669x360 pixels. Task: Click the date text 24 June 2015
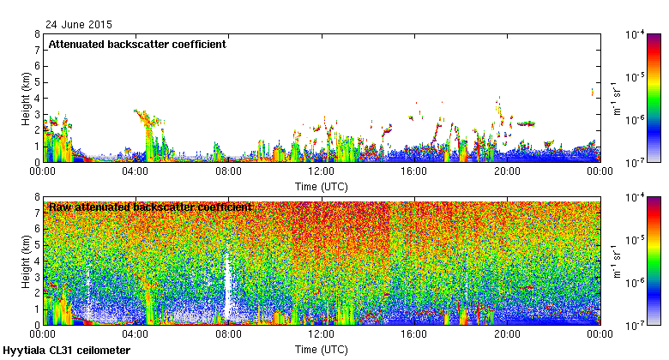78,25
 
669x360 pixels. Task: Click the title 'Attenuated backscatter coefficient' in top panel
137,45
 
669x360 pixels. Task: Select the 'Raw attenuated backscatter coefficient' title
150,207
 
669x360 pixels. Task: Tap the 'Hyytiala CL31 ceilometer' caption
66,351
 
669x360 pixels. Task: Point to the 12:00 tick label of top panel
321,171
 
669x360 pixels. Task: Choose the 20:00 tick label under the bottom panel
506,334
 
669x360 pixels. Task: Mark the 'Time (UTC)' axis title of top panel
321,185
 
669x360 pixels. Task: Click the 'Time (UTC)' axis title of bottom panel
321,349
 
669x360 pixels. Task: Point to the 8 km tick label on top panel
36,34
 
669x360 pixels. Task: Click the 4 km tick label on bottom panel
36,261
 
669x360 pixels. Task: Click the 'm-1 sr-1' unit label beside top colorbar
616,98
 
